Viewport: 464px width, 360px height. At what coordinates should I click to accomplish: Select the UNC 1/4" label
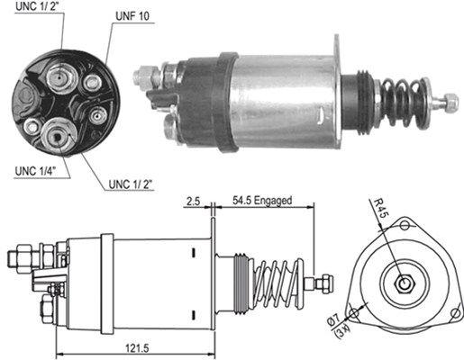(32, 169)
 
